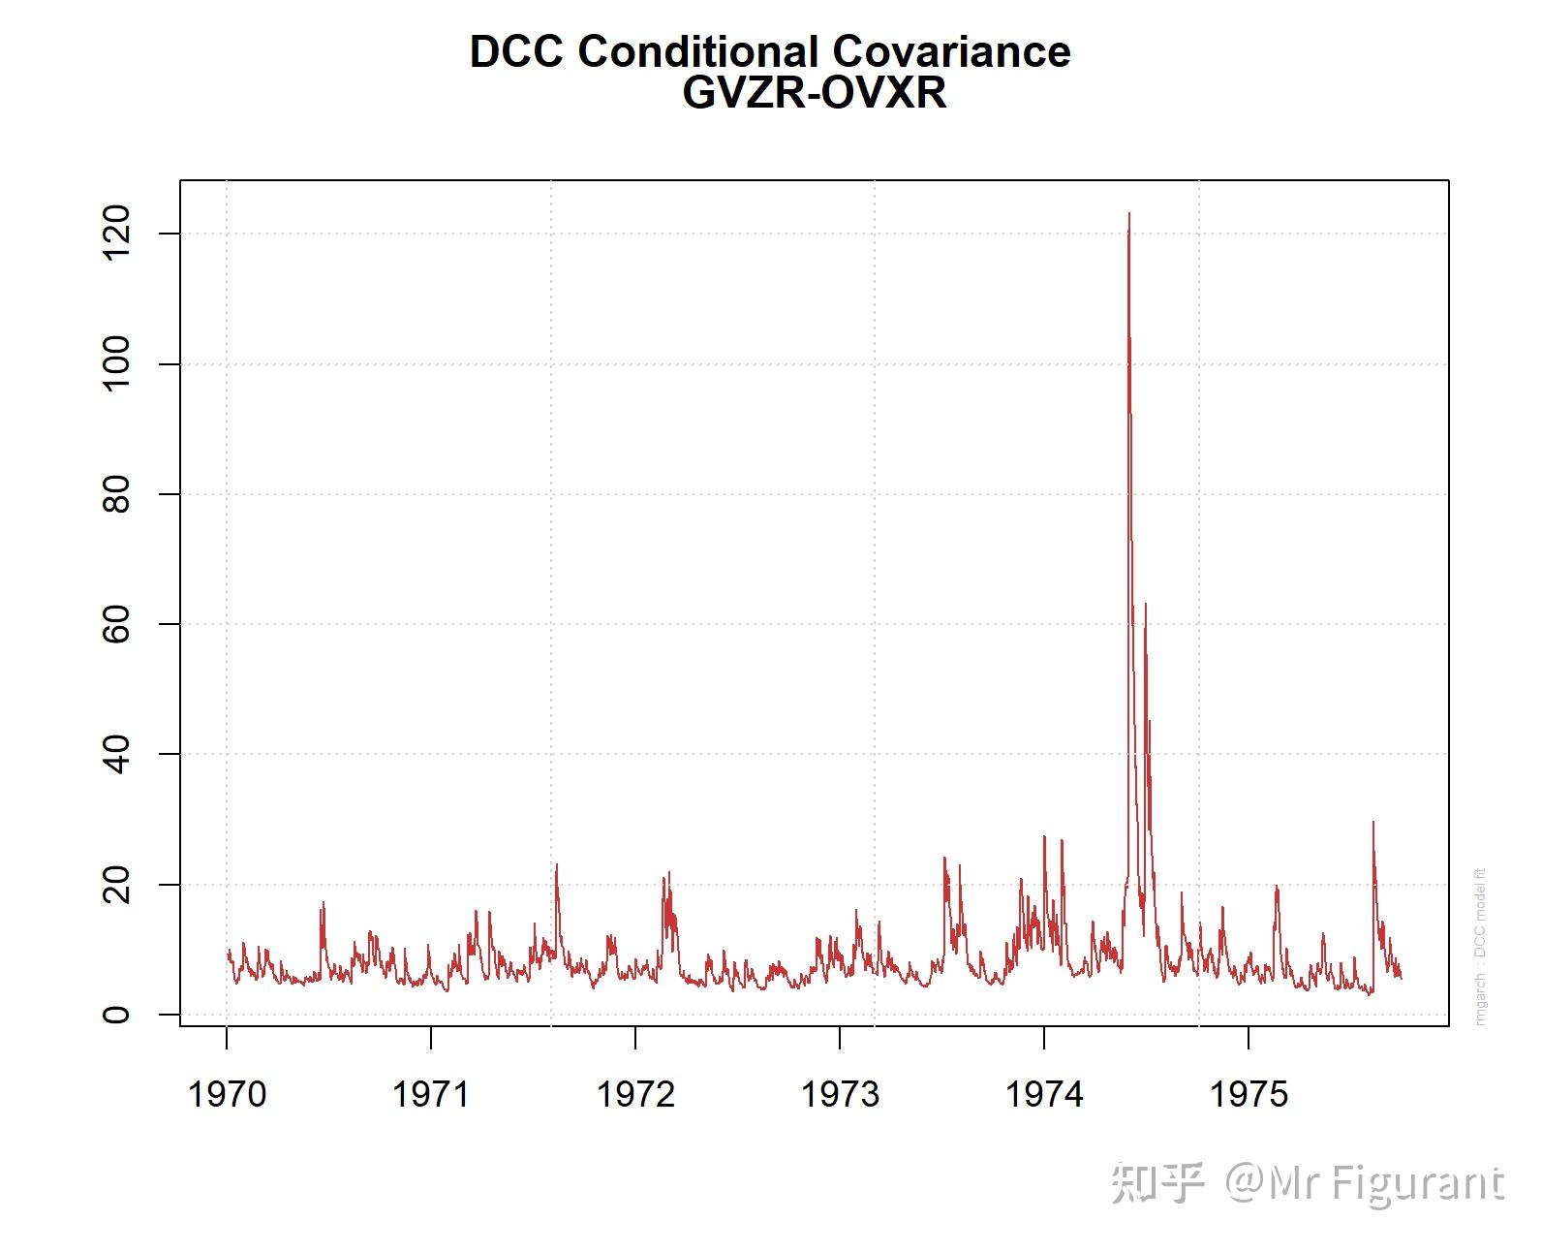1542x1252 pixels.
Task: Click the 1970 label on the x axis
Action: point(227,1094)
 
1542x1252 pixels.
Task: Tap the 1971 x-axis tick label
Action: point(430,1094)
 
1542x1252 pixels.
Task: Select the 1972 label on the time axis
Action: point(635,1094)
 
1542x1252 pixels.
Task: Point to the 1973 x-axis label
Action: point(840,1094)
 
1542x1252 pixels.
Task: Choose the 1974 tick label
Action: point(1044,1094)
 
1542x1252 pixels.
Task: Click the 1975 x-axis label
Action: point(1249,1094)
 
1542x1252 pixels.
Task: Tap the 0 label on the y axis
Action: point(115,1015)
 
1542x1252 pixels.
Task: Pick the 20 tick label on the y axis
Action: point(115,885)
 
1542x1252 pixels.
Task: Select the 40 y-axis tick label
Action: point(115,754)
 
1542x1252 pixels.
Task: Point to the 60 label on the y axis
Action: point(115,624)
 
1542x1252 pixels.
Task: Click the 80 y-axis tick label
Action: point(115,494)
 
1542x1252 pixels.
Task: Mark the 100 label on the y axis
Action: point(115,363)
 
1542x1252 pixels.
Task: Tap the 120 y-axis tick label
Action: point(115,234)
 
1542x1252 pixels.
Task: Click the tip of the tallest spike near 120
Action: point(1129,214)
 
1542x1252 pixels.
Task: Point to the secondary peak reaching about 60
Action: point(1146,605)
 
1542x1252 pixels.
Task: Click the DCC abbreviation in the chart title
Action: point(516,51)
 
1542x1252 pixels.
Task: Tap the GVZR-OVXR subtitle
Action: point(815,93)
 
